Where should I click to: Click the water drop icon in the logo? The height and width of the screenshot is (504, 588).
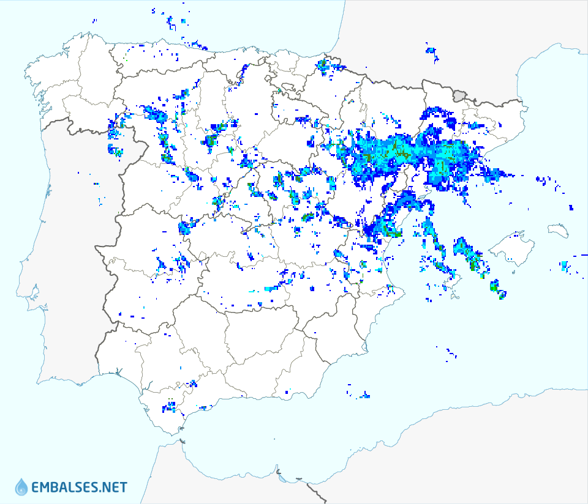(x=21, y=487)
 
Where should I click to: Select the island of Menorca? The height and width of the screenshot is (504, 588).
(x=558, y=230)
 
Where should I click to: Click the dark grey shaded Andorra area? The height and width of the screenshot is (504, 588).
(x=460, y=94)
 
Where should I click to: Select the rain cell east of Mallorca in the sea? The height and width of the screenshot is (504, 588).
(x=564, y=266)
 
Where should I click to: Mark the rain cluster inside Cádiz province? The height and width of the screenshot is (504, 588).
(x=169, y=406)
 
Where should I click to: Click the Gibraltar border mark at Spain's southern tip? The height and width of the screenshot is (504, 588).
(x=181, y=440)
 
